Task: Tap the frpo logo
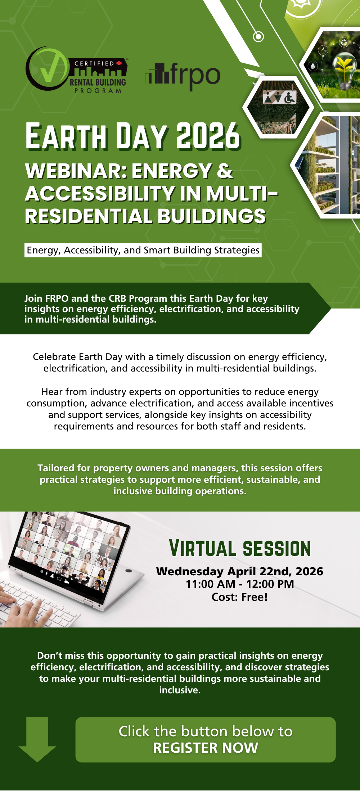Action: [x=183, y=76]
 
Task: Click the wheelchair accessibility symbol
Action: [x=290, y=97]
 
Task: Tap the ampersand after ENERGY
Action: [x=225, y=171]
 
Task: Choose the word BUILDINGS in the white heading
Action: [x=212, y=216]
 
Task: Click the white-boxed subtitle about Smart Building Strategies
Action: [x=143, y=250]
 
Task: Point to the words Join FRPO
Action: [x=46, y=298]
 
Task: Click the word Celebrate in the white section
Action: [x=54, y=357]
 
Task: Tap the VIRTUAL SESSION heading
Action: [x=240, y=549]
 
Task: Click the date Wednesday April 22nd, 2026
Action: [x=240, y=571]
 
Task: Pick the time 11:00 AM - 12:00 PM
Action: [x=240, y=584]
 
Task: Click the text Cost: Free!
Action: [x=240, y=597]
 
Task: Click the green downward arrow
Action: [x=37, y=739]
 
